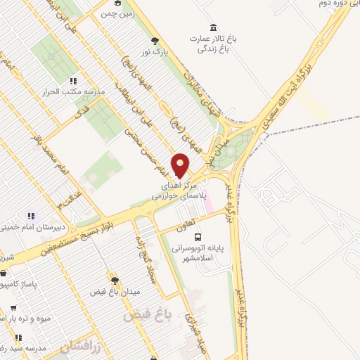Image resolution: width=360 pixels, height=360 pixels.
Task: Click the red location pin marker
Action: [x=181, y=165]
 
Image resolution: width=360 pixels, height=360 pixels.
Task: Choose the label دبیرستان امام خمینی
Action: [x=28, y=227]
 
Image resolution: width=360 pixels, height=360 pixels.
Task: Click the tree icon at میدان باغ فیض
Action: [x=111, y=278]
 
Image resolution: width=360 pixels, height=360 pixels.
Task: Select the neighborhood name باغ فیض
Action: [x=148, y=314]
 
